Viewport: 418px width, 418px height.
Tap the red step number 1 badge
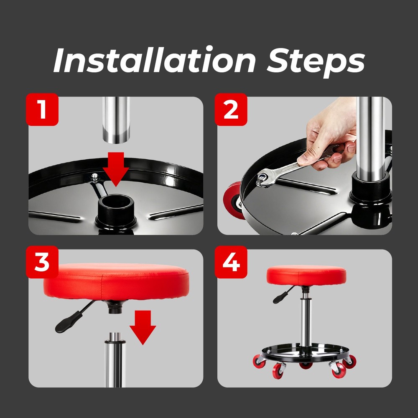pos(42,109)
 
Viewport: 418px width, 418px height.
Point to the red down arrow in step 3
pos(143,326)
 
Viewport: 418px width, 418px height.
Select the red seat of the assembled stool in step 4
pos(306,275)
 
